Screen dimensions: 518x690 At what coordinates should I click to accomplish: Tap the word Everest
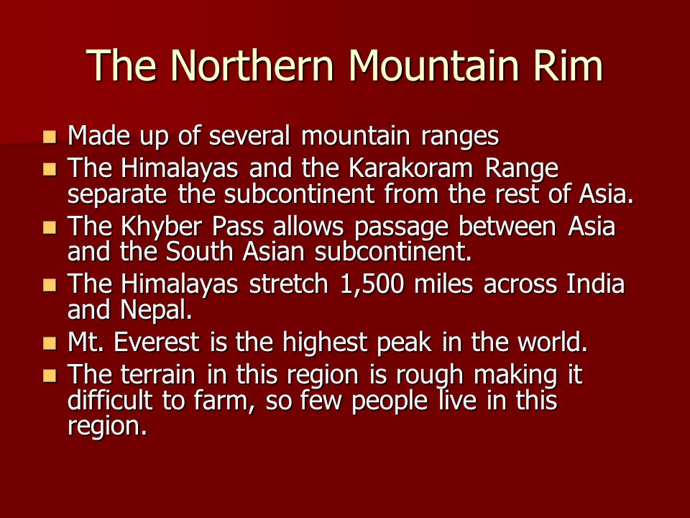[x=162, y=342]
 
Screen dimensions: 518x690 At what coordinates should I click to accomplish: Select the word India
[x=595, y=285]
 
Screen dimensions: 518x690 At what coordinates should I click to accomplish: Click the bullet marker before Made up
[x=50, y=136]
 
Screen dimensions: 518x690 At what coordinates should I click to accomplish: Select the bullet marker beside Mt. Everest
[x=50, y=343]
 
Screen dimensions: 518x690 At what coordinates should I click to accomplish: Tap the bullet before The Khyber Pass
[x=50, y=228]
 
